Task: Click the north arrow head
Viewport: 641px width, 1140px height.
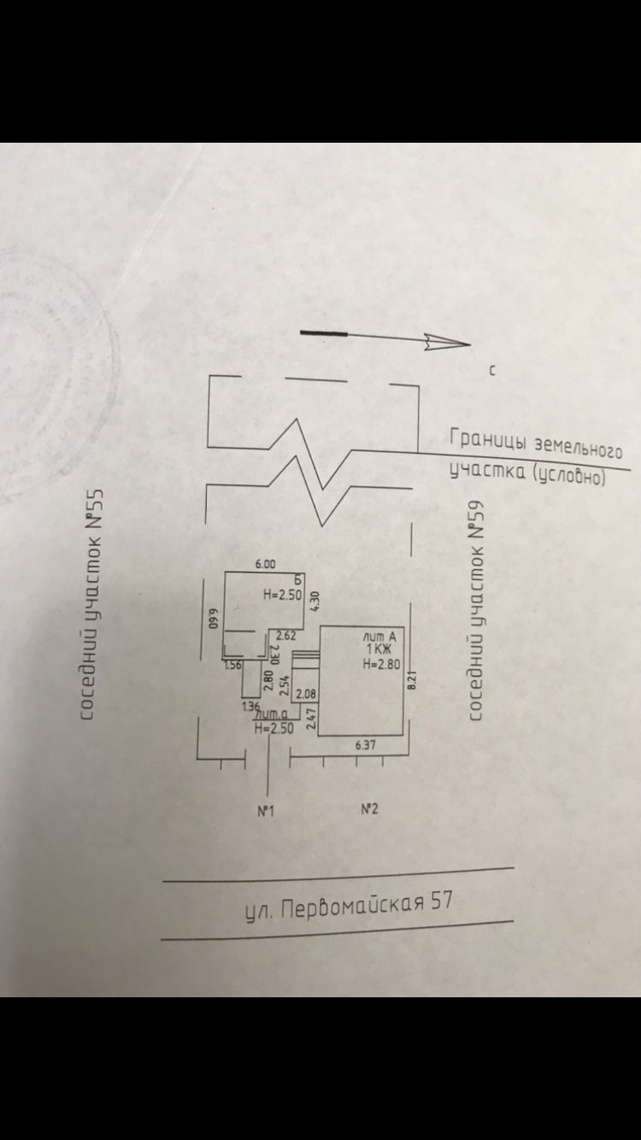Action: point(449,344)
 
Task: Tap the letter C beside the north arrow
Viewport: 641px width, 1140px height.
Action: point(493,371)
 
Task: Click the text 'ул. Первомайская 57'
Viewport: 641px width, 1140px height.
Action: point(349,907)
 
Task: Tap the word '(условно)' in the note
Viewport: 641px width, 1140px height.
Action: point(568,475)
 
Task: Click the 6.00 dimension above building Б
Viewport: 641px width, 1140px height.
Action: point(266,564)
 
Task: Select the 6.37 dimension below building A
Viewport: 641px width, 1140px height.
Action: point(365,745)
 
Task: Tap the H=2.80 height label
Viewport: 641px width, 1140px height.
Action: point(379,663)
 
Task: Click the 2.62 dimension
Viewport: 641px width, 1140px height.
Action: point(285,635)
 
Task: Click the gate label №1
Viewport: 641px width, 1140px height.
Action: point(265,811)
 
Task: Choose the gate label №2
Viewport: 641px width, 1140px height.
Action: point(369,809)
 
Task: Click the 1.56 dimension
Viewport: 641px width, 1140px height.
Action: point(232,665)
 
